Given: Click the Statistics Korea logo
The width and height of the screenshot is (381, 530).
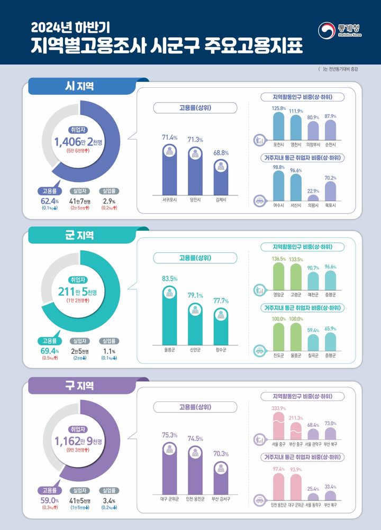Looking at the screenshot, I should click(340, 30).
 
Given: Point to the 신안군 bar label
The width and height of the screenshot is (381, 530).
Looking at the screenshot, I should click(196, 350).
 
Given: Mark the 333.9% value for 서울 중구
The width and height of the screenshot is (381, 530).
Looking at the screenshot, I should click(279, 408).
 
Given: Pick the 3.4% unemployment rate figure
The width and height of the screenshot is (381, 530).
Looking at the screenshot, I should click(108, 500).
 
